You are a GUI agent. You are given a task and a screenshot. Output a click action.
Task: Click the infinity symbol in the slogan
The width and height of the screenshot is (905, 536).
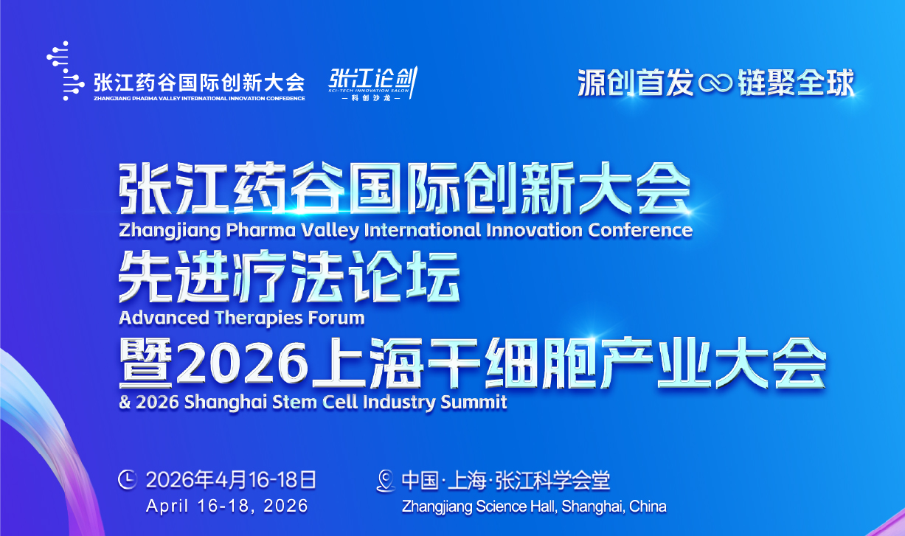click(715, 83)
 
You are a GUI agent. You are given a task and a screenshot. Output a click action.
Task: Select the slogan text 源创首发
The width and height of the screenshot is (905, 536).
click(636, 82)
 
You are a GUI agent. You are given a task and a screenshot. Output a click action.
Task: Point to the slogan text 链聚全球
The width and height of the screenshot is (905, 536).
click(795, 82)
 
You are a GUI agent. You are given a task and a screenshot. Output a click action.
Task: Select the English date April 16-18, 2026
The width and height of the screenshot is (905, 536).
click(226, 507)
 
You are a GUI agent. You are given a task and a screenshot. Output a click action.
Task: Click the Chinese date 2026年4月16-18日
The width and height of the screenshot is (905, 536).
click(231, 480)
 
